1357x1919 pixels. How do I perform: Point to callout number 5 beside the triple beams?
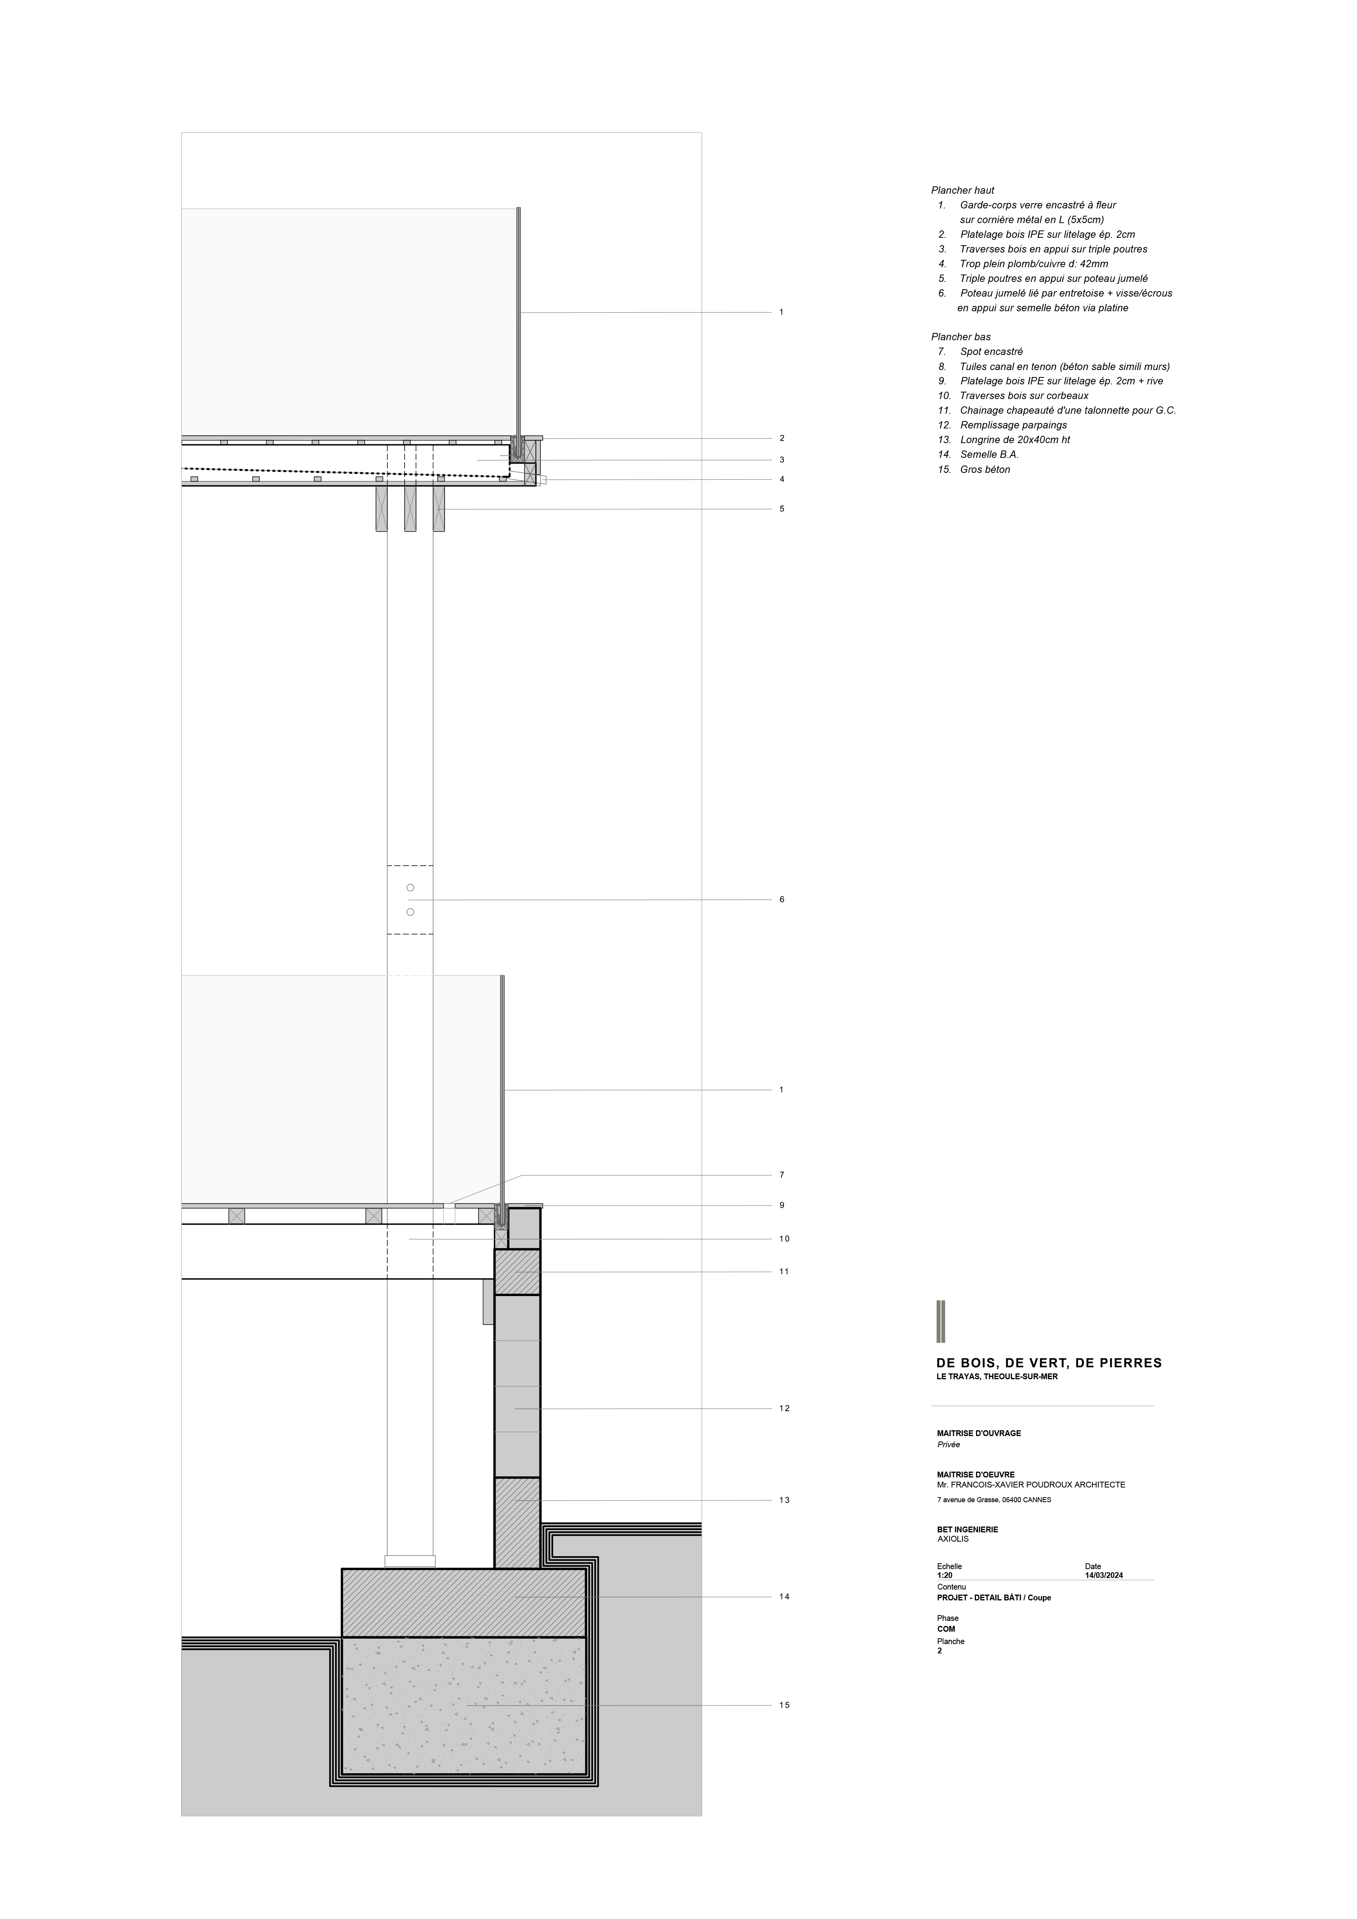click(782, 509)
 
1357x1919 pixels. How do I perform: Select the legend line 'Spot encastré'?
click(991, 352)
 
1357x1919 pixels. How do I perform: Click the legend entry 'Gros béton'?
click(985, 470)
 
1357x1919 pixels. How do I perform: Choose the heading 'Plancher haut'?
click(962, 191)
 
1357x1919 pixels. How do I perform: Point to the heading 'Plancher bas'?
click(960, 337)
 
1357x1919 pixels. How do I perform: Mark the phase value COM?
click(946, 1629)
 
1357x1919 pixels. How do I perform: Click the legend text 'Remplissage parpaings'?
click(1013, 425)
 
